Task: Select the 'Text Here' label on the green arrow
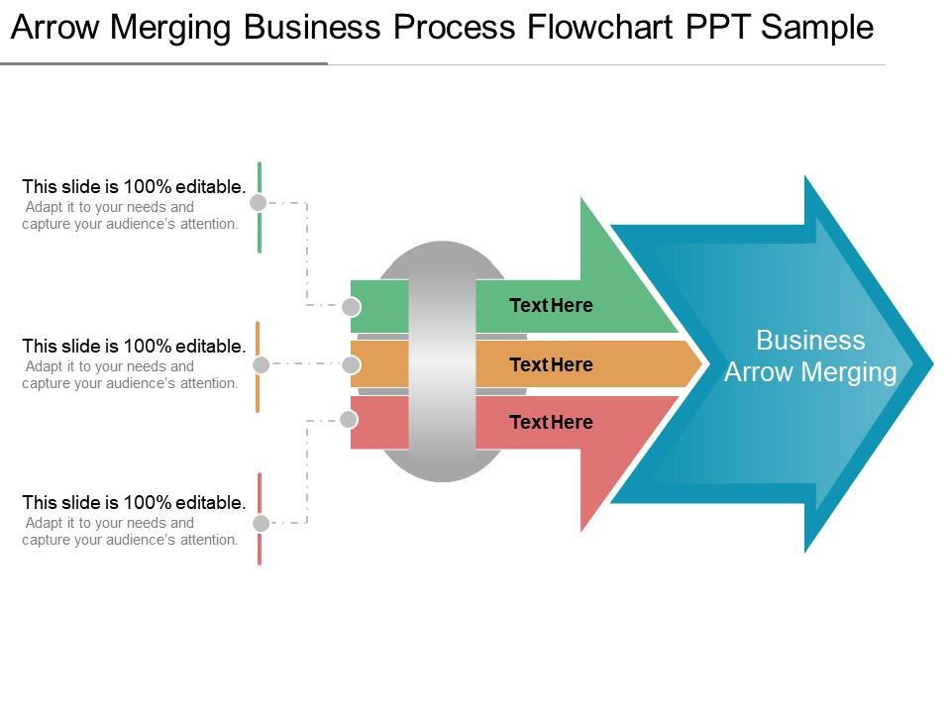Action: (551, 305)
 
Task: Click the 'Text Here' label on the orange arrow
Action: (551, 364)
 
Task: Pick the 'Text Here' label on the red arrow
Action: (551, 422)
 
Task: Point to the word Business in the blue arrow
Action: (810, 341)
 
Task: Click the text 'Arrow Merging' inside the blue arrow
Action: (810, 372)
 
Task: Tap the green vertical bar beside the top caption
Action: (260, 233)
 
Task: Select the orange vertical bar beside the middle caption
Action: (258, 391)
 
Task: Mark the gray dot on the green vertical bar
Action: (258, 203)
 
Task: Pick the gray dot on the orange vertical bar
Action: (261, 364)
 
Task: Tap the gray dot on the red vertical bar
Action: (260, 523)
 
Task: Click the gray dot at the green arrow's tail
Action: (351, 306)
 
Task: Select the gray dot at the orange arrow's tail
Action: (352, 364)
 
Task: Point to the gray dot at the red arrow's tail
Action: (349, 420)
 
